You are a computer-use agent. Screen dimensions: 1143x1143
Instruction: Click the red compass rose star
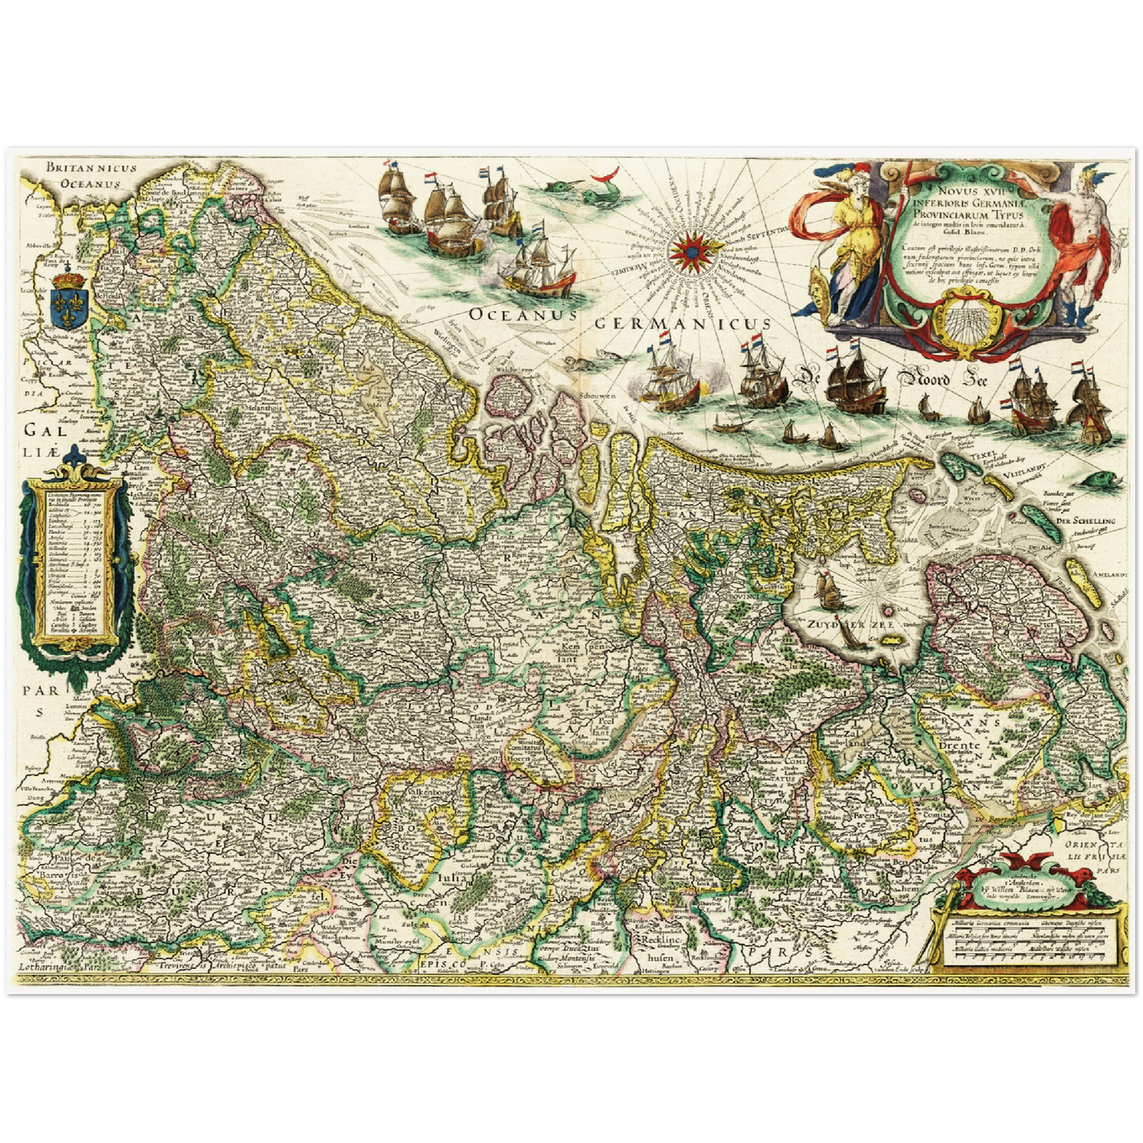(687, 252)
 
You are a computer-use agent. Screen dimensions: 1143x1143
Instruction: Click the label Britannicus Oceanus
(90, 175)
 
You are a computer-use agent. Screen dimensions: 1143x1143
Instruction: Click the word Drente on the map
(957, 745)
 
